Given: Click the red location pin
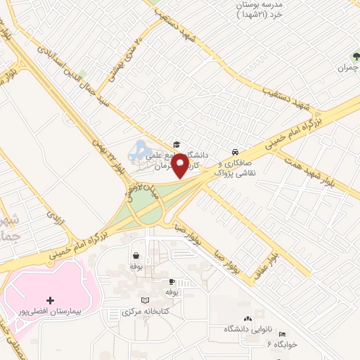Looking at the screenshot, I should [179, 165].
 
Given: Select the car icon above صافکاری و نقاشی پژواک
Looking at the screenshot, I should [234, 151].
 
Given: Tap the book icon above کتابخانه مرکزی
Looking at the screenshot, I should [145, 300].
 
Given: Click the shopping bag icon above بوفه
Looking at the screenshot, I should [134, 257].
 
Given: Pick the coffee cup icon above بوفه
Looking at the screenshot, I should [171, 281].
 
